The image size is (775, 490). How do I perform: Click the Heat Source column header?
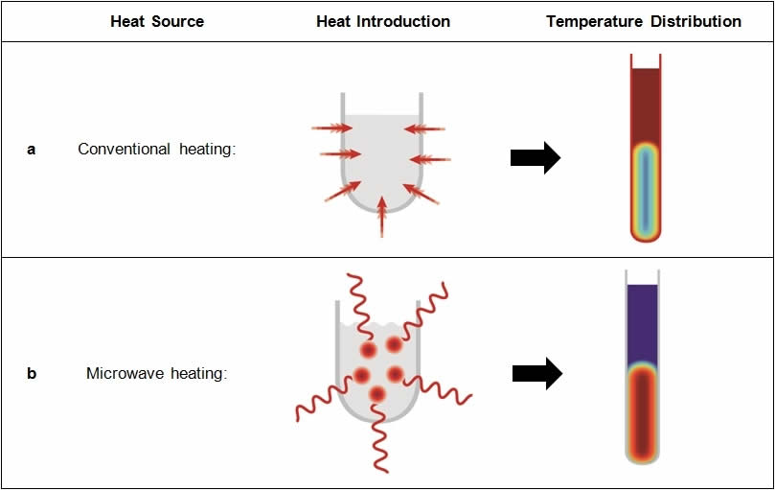(x=157, y=21)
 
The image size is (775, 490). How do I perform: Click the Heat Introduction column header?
(x=383, y=21)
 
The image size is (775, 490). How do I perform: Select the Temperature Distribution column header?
(x=644, y=21)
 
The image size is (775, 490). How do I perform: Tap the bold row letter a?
(x=32, y=150)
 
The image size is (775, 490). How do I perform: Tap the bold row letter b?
(x=32, y=373)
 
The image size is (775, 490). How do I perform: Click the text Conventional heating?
(x=156, y=150)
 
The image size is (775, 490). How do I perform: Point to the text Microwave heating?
(x=157, y=373)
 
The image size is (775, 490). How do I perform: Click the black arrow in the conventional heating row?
(x=535, y=157)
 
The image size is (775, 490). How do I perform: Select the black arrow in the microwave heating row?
(x=536, y=374)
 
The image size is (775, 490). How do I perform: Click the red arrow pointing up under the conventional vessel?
(x=382, y=216)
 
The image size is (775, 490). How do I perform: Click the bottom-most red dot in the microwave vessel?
(x=377, y=393)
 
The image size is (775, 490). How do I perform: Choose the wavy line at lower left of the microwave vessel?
(x=321, y=403)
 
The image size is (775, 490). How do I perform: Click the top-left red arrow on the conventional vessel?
(x=331, y=127)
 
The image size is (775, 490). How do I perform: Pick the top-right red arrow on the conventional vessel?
(x=424, y=127)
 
